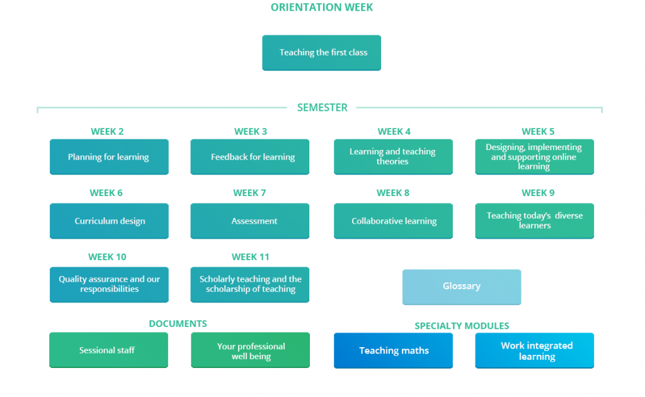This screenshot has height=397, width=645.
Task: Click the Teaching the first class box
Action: (x=321, y=53)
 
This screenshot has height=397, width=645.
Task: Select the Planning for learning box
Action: (x=109, y=157)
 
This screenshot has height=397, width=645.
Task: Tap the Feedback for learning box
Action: (x=249, y=157)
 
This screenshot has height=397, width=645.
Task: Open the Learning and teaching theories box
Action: (x=393, y=157)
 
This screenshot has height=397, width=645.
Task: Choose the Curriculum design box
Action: (x=109, y=221)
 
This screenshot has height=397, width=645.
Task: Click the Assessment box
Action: (x=249, y=221)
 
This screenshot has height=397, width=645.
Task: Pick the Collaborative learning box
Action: (x=393, y=221)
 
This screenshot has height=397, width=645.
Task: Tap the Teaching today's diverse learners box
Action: (x=534, y=221)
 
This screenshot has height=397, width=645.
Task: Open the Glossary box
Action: (x=462, y=287)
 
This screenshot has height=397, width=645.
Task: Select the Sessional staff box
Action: (x=108, y=350)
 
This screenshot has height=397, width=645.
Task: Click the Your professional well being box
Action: (x=250, y=350)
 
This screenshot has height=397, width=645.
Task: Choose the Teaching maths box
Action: (x=393, y=350)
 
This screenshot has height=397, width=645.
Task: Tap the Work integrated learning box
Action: (x=534, y=350)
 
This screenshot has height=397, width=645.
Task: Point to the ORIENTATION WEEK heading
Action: (x=322, y=8)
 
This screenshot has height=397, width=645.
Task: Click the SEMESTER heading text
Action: (x=322, y=108)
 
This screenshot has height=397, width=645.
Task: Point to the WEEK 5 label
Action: (x=538, y=132)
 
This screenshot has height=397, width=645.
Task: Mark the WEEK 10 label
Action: (x=107, y=257)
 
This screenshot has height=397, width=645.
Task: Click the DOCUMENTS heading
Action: (x=178, y=324)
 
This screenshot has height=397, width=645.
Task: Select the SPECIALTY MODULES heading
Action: (x=462, y=326)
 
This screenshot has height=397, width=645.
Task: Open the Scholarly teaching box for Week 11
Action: (x=249, y=285)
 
